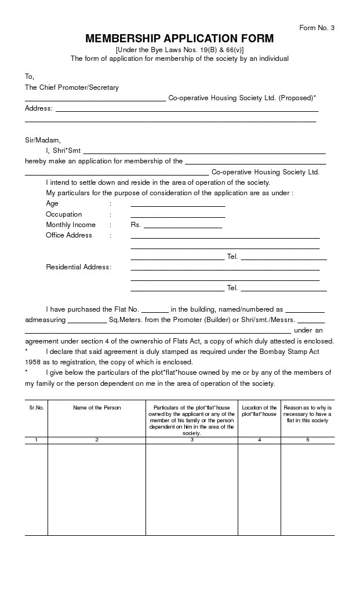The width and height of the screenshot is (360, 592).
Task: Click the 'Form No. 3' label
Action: click(317, 28)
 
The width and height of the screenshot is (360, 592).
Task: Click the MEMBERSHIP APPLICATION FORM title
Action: click(180, 39)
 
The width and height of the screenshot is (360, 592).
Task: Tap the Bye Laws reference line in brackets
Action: click(180, 50)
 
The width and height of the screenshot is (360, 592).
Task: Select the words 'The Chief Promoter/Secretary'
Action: click(71, 87)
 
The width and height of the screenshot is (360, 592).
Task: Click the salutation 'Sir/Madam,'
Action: click(42, 140)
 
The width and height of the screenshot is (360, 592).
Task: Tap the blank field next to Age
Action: click(177, 204)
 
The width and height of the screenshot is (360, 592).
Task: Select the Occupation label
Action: click(64, 214)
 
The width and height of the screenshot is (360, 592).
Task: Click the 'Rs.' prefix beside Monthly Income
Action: click(136, 225)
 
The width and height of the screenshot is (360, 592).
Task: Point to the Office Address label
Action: click(69, 235)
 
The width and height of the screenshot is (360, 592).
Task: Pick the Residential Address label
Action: click(78, 267)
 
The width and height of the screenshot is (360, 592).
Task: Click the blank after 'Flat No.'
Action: click(155, 310)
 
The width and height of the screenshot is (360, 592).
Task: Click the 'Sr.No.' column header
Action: click(37, 408)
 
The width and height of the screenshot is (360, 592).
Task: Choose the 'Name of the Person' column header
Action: click(97, 408)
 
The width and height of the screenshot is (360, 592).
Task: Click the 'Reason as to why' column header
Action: click(308, 414)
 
